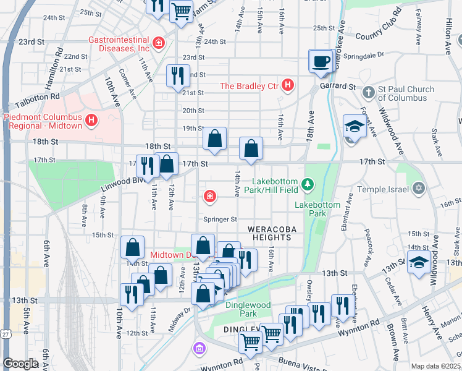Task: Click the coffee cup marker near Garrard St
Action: click(321, 62)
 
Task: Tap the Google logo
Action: click(21, 364)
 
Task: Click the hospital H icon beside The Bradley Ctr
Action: click(287, 86)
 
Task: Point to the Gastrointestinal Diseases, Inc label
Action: click(119, 44)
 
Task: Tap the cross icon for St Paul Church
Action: click(368, 93)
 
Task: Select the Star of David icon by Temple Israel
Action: click(419, 187)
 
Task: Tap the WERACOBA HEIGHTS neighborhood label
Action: click(269, 233)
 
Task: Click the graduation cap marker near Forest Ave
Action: click(355, 127)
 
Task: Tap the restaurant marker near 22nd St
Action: click(178, 76)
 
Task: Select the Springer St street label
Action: click(220, 219)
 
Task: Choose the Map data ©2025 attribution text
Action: click(435, 366)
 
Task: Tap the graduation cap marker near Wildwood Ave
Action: click(419, 263)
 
